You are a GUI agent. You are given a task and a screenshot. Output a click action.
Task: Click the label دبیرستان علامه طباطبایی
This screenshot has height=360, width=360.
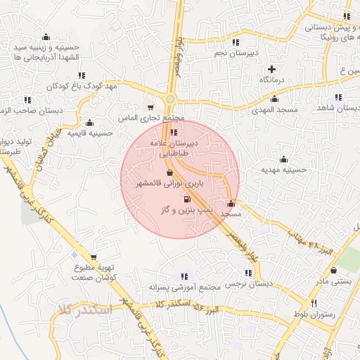(x=173, y=146)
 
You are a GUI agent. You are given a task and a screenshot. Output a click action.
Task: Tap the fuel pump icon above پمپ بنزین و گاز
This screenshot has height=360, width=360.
(x=186, y=199)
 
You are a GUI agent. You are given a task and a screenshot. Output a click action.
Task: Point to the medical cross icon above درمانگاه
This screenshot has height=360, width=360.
(x=273, y=69)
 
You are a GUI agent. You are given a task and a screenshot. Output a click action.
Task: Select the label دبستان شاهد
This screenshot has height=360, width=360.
(x=337, y=109)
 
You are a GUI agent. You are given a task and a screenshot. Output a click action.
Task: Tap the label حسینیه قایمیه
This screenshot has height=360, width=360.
(x=91, y=132)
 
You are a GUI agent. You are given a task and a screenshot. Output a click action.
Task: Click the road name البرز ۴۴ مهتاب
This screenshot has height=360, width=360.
(x=314, y=238)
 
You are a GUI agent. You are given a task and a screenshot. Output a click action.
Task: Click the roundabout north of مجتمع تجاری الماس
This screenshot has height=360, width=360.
(x=171, y=99)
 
